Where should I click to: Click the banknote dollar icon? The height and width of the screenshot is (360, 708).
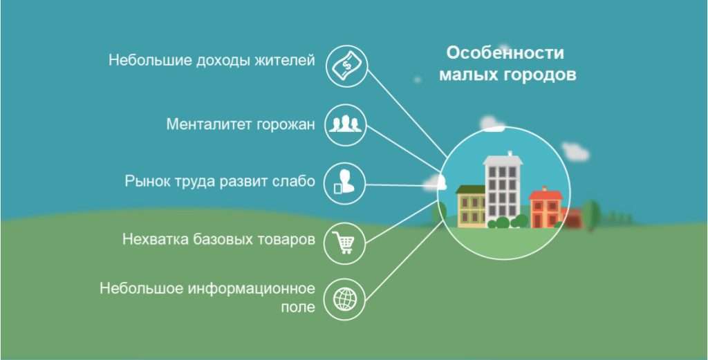click(x=346, y=66)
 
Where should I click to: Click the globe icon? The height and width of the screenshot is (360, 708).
click(x=345, y=299)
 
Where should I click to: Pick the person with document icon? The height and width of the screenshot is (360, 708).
click(x=344, y=182)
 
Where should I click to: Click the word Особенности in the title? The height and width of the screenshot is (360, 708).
click(x=505, y=53)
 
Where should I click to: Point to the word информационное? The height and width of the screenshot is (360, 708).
click(x=251, y=288)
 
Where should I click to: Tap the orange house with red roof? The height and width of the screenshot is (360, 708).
click(x=546, y=209)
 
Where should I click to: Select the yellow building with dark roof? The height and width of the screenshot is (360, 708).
click(x=471, y=206)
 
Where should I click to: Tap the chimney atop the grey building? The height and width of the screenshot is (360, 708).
click(x=510, y=154)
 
